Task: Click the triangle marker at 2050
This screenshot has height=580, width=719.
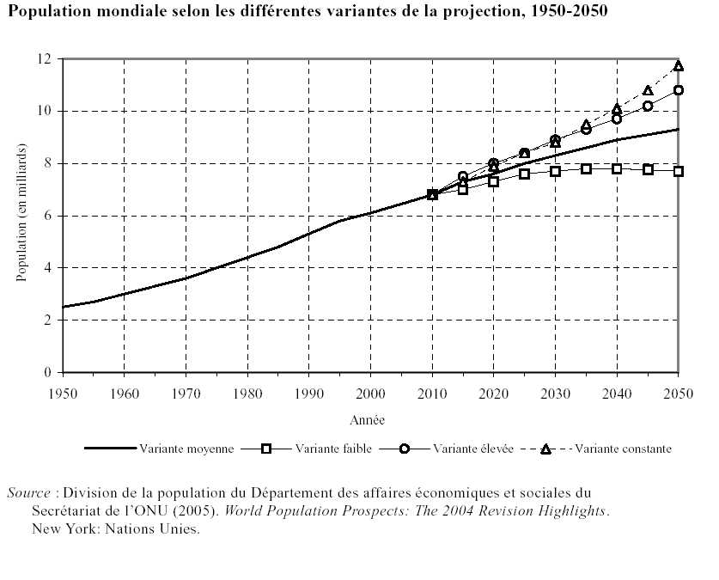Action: (x=679, y=66)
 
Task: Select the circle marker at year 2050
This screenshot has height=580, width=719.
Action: (x=679, y=90)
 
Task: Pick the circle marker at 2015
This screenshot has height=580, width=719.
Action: (x=463, y=176)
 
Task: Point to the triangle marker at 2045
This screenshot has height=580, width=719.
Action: (x=648, y=91)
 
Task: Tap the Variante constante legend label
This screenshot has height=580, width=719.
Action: (x=624, y=449)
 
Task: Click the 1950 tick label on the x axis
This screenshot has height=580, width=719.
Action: (x=63, y=393)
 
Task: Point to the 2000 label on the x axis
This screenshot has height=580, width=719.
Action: (x=370, y=393)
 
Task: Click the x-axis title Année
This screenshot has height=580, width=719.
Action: (x=367, y=420)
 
